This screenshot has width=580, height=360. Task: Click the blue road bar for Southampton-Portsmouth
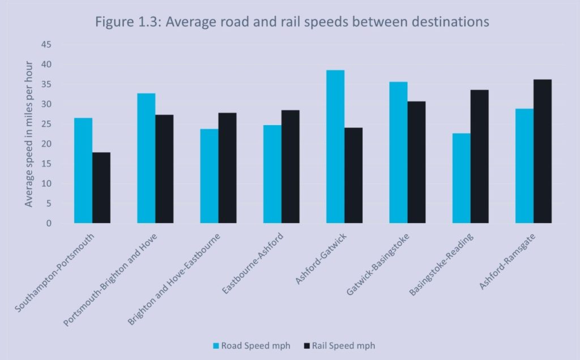[x=83, y=170]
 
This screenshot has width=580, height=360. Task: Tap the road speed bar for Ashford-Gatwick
[x=335, y=147]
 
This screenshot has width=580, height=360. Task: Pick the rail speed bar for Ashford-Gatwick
[x=353, y=175]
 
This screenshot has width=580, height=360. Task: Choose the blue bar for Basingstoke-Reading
[x=461, y=178]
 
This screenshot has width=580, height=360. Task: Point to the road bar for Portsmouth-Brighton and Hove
[x=146, y=158]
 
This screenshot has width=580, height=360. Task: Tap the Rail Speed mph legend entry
[x=339, y=345]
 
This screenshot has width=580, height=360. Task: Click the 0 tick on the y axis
[x=49, y=223]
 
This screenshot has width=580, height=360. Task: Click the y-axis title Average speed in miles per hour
[x=29, y=134]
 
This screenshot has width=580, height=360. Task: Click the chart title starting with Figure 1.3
[x=292, y=22]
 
